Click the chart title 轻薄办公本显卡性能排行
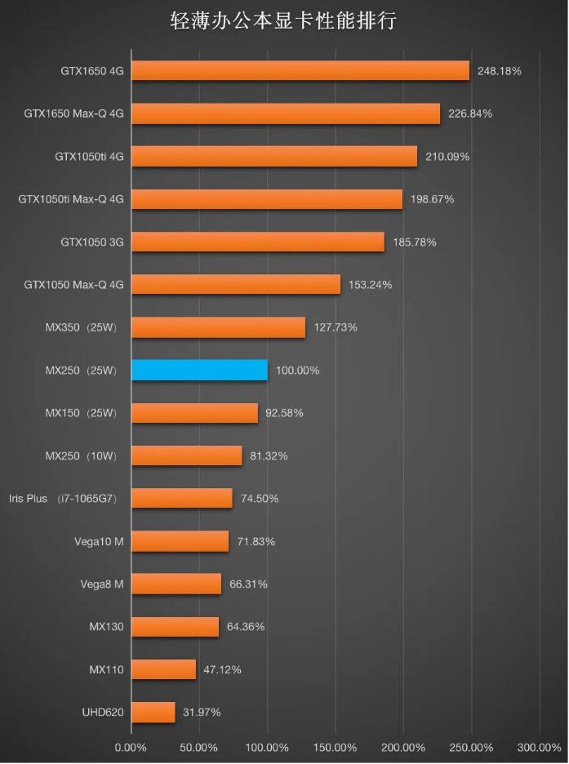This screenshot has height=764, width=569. (x=283, y=20)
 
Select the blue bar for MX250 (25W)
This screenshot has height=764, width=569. (x=199, y=370)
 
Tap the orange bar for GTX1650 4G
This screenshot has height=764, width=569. (x=300, y=71)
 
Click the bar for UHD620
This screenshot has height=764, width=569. (x=153, y=712)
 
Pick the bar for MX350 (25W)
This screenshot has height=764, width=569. (x=218, y=327)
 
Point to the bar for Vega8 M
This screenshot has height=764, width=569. (x=176, y=584)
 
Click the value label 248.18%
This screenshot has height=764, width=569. (x=500, y=71)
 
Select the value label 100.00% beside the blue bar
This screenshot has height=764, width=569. (x=297, y=371)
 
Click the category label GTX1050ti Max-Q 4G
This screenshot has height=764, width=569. (x=71, y=199)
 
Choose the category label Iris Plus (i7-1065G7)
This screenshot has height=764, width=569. (x=64, y=499)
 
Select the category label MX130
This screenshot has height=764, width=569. (x=106, y=627)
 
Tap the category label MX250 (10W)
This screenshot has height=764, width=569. (x=81, y=456)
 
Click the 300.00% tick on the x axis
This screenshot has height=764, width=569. (x=540, y=748)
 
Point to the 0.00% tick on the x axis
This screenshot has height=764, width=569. (x=131, y=748)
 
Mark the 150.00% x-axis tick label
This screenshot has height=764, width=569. (x=335, y=748)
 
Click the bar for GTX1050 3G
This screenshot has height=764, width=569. (x=257, y=242)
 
